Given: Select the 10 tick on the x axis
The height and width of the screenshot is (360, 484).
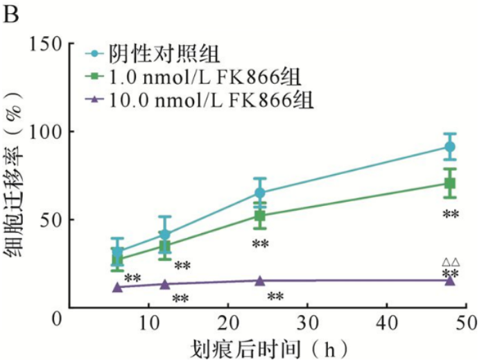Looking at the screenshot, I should (149, 324).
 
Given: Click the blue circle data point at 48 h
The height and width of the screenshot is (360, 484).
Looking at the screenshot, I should (449, 147).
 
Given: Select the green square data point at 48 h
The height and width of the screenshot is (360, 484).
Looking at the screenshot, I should (449, 183).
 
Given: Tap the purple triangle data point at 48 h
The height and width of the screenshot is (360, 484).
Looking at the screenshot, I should (449, 280).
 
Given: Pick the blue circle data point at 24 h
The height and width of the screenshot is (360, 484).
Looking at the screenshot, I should (260, 193).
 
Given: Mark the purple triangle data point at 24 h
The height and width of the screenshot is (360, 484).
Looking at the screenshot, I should (260, 280).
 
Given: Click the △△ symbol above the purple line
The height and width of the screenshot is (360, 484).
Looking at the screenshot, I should (450, 262).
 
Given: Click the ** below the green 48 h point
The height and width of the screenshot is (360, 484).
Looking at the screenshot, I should (451, 215).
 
